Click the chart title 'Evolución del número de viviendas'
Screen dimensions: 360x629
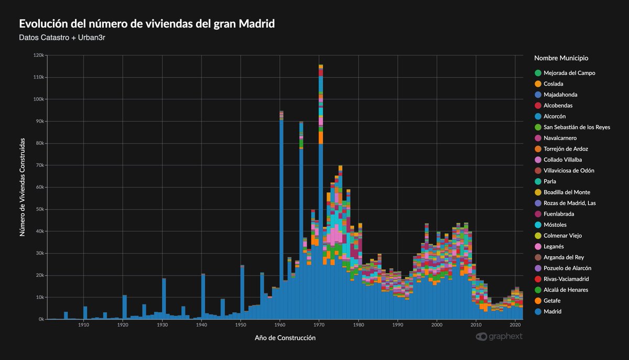click(147, 24)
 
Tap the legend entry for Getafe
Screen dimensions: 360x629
click(554, 301)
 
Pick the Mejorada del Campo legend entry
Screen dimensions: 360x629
click(569, 73)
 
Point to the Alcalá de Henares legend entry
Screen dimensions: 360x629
click(566, 290)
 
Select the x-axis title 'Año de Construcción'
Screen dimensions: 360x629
click(285, 339)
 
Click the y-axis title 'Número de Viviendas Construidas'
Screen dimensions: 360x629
click(23, 187)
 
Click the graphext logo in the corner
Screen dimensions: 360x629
click(499, 336)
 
